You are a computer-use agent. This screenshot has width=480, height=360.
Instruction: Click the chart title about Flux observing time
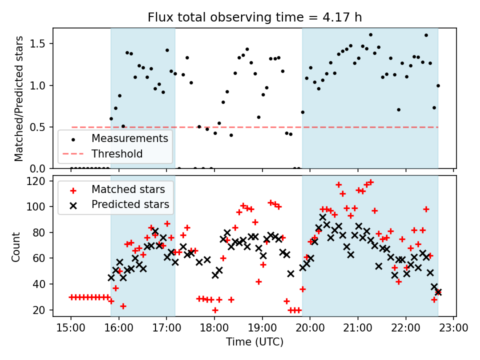254,17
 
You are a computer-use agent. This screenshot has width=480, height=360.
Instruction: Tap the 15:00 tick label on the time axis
70,328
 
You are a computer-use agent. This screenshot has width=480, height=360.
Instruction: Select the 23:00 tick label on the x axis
453,328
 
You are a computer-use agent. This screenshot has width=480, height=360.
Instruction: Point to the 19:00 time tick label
262,328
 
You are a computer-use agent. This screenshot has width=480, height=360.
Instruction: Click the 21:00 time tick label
358,328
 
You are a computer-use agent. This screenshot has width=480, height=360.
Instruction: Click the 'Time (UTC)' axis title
254,342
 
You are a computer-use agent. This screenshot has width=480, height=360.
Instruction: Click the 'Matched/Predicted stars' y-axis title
19,98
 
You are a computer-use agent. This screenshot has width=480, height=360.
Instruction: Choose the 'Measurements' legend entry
129,138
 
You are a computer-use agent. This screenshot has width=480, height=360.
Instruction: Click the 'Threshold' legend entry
117,153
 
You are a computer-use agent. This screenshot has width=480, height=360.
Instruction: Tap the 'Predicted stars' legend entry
130,204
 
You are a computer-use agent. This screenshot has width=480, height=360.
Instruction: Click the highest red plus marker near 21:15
370,182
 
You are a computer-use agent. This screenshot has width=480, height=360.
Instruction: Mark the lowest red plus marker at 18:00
215,310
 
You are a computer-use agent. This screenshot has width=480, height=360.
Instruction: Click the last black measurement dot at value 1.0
438,85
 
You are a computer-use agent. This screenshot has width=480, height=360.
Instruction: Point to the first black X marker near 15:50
111,277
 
